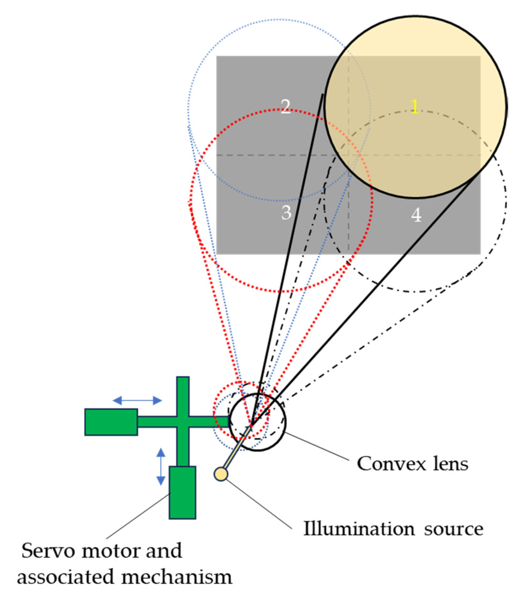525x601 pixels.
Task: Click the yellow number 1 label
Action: (x=415, y=107)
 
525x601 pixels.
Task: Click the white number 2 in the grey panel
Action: (x=286, y=107)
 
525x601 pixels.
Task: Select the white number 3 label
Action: (x=286, y=213)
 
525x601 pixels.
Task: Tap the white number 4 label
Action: (x=416, y=215)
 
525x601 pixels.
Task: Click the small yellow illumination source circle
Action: (x=221, y=474)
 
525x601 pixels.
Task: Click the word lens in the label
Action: (x=450, y=464)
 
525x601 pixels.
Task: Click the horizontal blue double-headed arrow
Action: (x=137, y=400)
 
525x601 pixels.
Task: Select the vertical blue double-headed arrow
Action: (x=161, y=466)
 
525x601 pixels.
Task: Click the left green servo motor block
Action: (x=111, y=422)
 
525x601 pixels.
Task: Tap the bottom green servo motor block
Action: (x=182, y=492)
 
